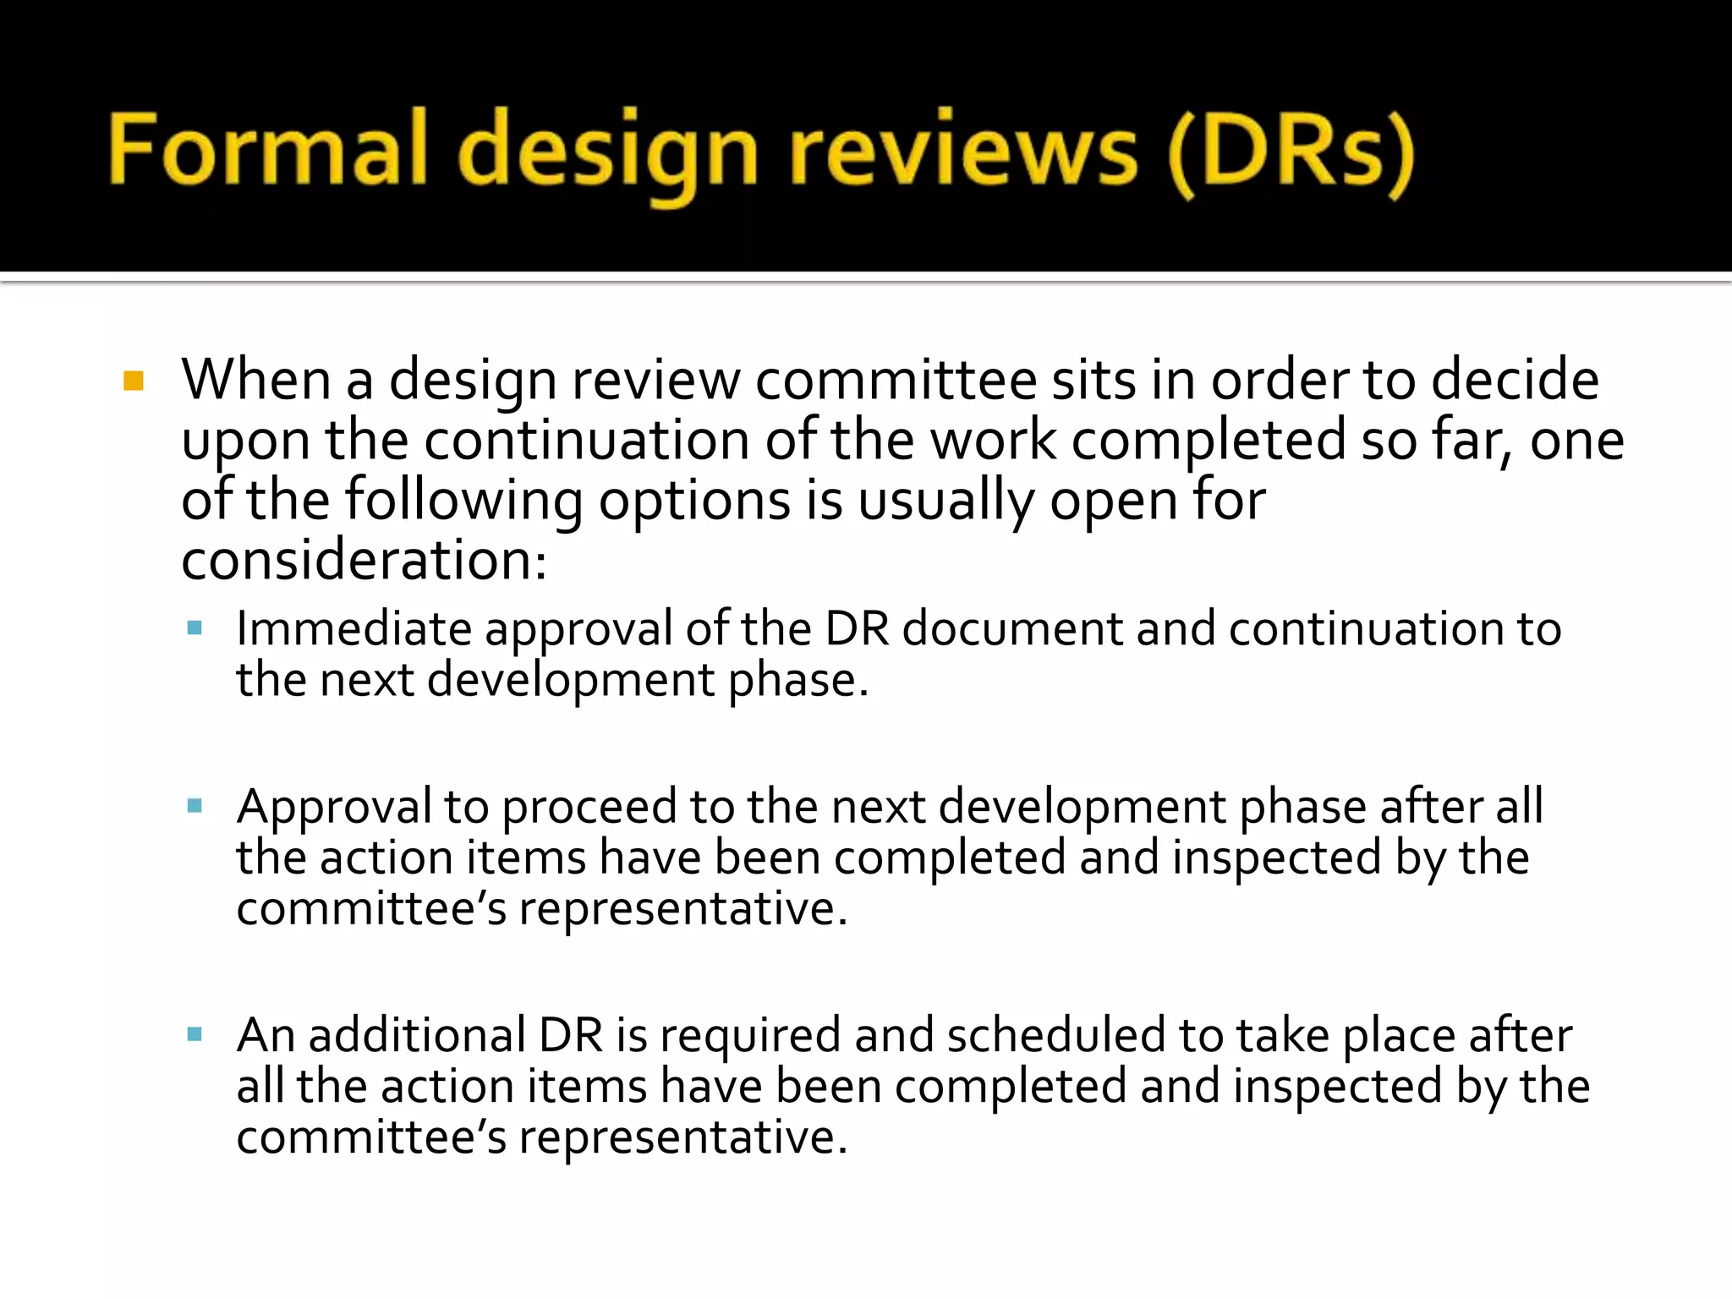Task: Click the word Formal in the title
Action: click(267, 151)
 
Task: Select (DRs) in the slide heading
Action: click(1291, 152)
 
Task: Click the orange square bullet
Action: click(134, 381)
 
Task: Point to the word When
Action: click(255, 380)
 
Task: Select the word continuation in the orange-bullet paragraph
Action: click(587, 441)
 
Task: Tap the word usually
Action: click(945, 501)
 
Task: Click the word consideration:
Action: click(364, 561)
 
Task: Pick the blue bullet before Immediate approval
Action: click(195, 628)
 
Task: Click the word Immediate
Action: click(354, 629)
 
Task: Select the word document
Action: click(1012, 629)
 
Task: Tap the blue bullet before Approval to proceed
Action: click(195, 806)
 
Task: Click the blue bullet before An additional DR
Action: click(195, 1034)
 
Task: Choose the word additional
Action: click(418, 1035)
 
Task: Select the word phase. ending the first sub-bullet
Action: click(797, 681)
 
